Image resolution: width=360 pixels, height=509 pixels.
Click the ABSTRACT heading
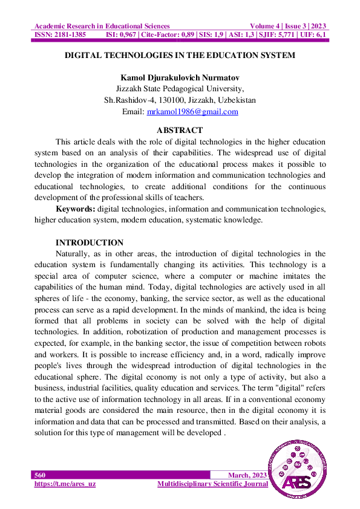[180, 130]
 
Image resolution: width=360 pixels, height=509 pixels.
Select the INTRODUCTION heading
[90, 243]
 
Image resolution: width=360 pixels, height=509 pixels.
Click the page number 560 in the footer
[40, 475]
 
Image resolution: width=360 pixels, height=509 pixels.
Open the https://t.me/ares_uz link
[65, 484]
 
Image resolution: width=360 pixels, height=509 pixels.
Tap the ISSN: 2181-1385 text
[60, 35]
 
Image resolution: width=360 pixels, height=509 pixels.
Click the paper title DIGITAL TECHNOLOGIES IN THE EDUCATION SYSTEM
[180, 56]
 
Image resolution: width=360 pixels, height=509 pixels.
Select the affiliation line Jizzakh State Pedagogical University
[180, 89]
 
